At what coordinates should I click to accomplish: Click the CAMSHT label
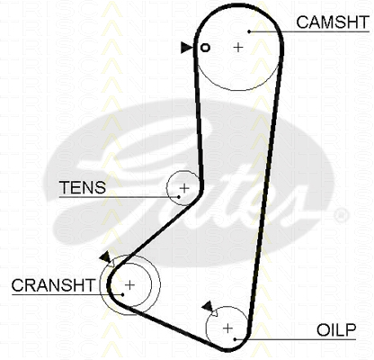point(333,22)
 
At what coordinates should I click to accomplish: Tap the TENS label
point(83,187)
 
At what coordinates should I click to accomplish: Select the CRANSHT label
point(53,285)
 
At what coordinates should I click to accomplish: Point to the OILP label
point(336,330)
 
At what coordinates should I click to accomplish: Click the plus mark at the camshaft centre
point(238,47)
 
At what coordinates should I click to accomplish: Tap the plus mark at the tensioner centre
point(184,188)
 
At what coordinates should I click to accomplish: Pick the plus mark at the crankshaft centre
point(129,285)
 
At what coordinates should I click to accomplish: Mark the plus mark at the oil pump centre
point(228,328)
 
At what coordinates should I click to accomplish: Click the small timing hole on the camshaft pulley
point(205,48)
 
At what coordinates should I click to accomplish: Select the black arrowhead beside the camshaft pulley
point(187,48)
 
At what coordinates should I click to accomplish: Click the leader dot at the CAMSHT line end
point(249,31)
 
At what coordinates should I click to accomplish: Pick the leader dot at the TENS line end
point(179,197)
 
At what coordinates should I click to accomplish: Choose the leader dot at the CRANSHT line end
point(123,294)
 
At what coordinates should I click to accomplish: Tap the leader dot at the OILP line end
point(236,339)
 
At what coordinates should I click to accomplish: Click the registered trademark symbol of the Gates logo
point(341,215)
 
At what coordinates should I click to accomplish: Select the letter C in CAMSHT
point(303,22)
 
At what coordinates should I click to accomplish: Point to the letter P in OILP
point(351,330)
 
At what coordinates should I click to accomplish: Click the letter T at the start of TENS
point(65,187)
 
